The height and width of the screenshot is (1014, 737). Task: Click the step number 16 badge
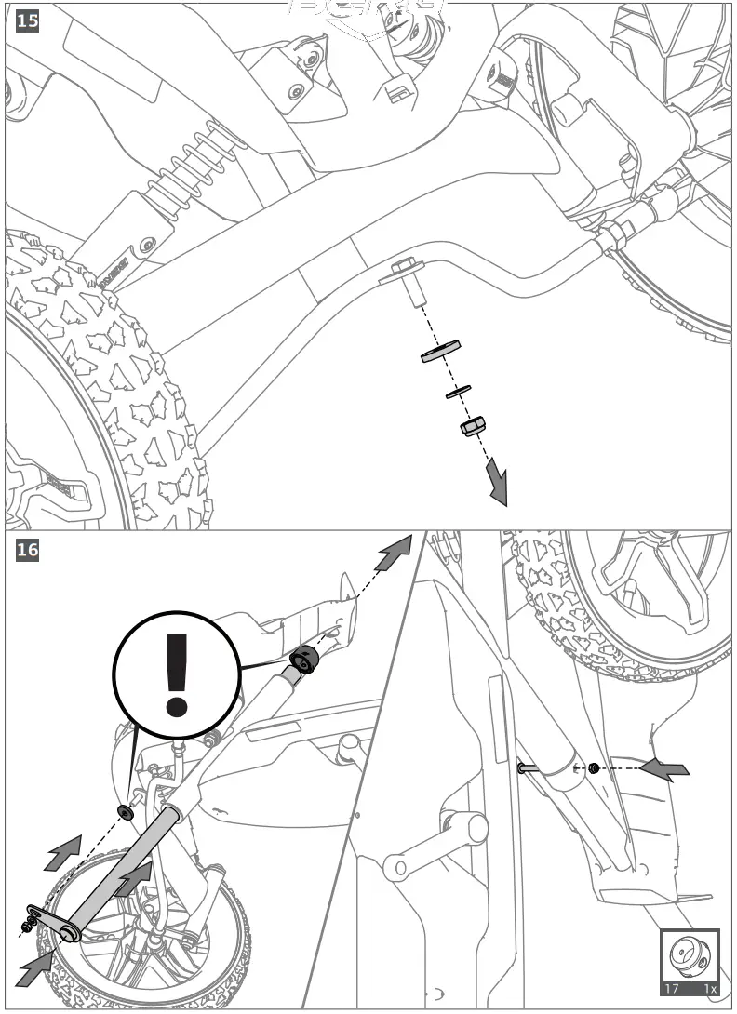(28, 550)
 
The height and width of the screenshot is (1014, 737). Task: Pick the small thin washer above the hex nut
(458, 391)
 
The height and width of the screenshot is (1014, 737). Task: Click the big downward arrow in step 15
(497, 485)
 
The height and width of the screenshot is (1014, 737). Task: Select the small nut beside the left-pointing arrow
(592, 768)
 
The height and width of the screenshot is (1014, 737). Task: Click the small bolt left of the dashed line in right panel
(528, 768)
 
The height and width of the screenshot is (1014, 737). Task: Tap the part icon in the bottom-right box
(690, 954)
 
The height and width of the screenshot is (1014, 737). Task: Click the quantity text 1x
(710, 989)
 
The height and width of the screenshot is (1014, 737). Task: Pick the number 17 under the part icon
(671, 989)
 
